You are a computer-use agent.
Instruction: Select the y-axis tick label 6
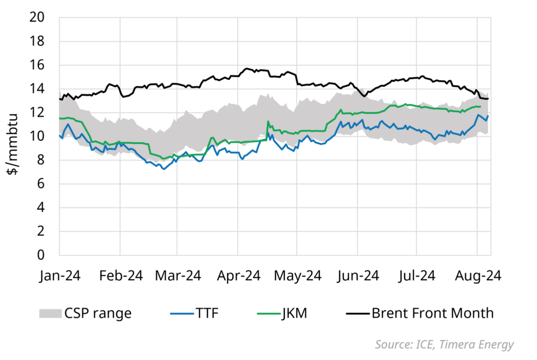(x=48, y=184)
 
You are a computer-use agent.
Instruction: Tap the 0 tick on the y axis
(x=48, y=255)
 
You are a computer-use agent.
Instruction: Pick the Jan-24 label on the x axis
(x=60, y=276)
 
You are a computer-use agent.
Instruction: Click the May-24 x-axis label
(x=298, y=276)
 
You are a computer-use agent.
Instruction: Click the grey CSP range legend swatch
(x=49, y=313)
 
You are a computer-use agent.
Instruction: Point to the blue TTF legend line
(x=181, y=313)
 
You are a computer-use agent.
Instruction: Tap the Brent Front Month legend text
(x=433, y=313)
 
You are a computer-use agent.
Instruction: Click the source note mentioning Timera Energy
(x=445, y=344)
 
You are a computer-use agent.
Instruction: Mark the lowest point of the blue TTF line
(x=164, y=169)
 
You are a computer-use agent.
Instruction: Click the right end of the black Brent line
(x=488, y=99)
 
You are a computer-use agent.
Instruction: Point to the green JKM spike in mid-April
(x=268, y=122)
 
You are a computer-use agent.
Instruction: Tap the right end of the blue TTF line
(x=488, y=116)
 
